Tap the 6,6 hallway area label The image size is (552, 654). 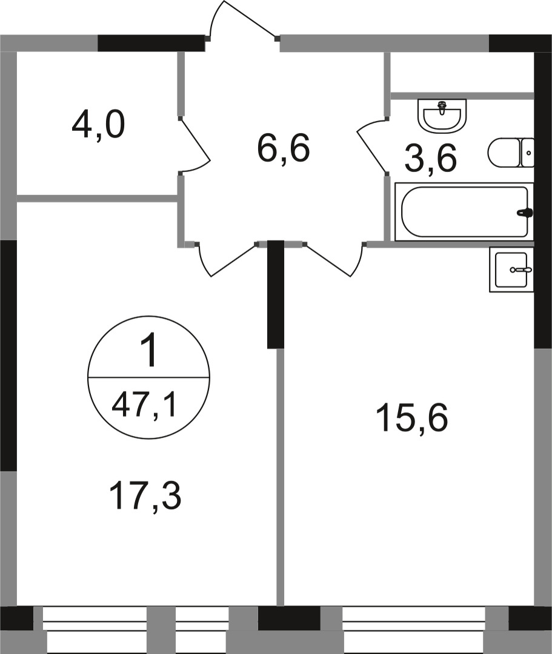pyautogui.click(x=284, y=148)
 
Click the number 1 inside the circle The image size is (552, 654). pyautogui.click(x=148, y=352)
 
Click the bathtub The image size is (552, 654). pyautogui.click(x=464, y=212)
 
